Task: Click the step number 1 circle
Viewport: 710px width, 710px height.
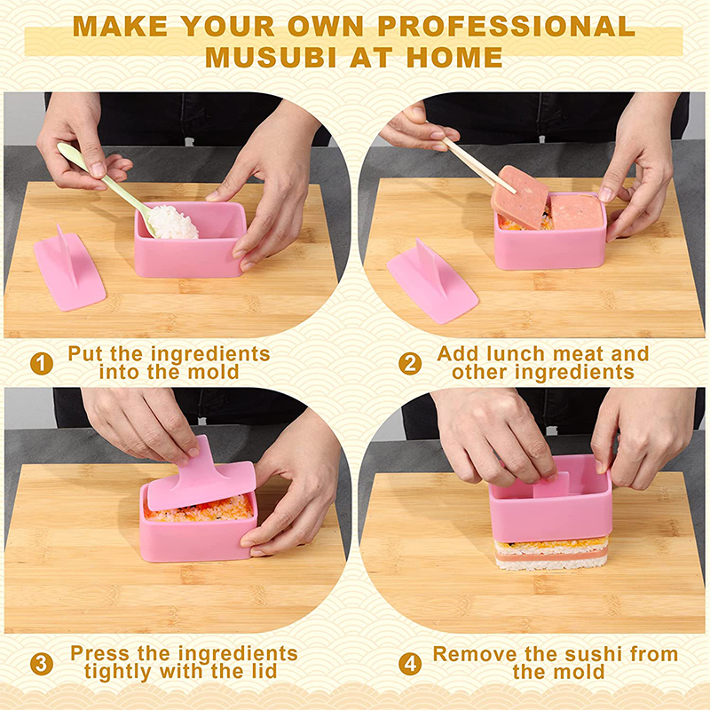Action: (x=41, y=364)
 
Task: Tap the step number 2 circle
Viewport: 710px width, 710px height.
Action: (x=410, y=364)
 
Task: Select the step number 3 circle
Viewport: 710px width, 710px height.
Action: (x=41, y=664)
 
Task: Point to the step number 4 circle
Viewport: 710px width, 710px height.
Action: (x=410, y=664)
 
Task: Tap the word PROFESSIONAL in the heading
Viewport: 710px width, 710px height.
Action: (x=506, y=27)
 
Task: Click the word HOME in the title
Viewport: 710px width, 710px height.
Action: (x=454, y=58)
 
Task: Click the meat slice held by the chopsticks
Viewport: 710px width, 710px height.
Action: (x=519, y=197)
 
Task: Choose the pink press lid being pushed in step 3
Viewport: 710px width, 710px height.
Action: (x=201, y=476)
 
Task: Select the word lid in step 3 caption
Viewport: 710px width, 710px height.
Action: (x=261, y=671)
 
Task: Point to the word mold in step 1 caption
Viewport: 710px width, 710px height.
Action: (x=213, y=372)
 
